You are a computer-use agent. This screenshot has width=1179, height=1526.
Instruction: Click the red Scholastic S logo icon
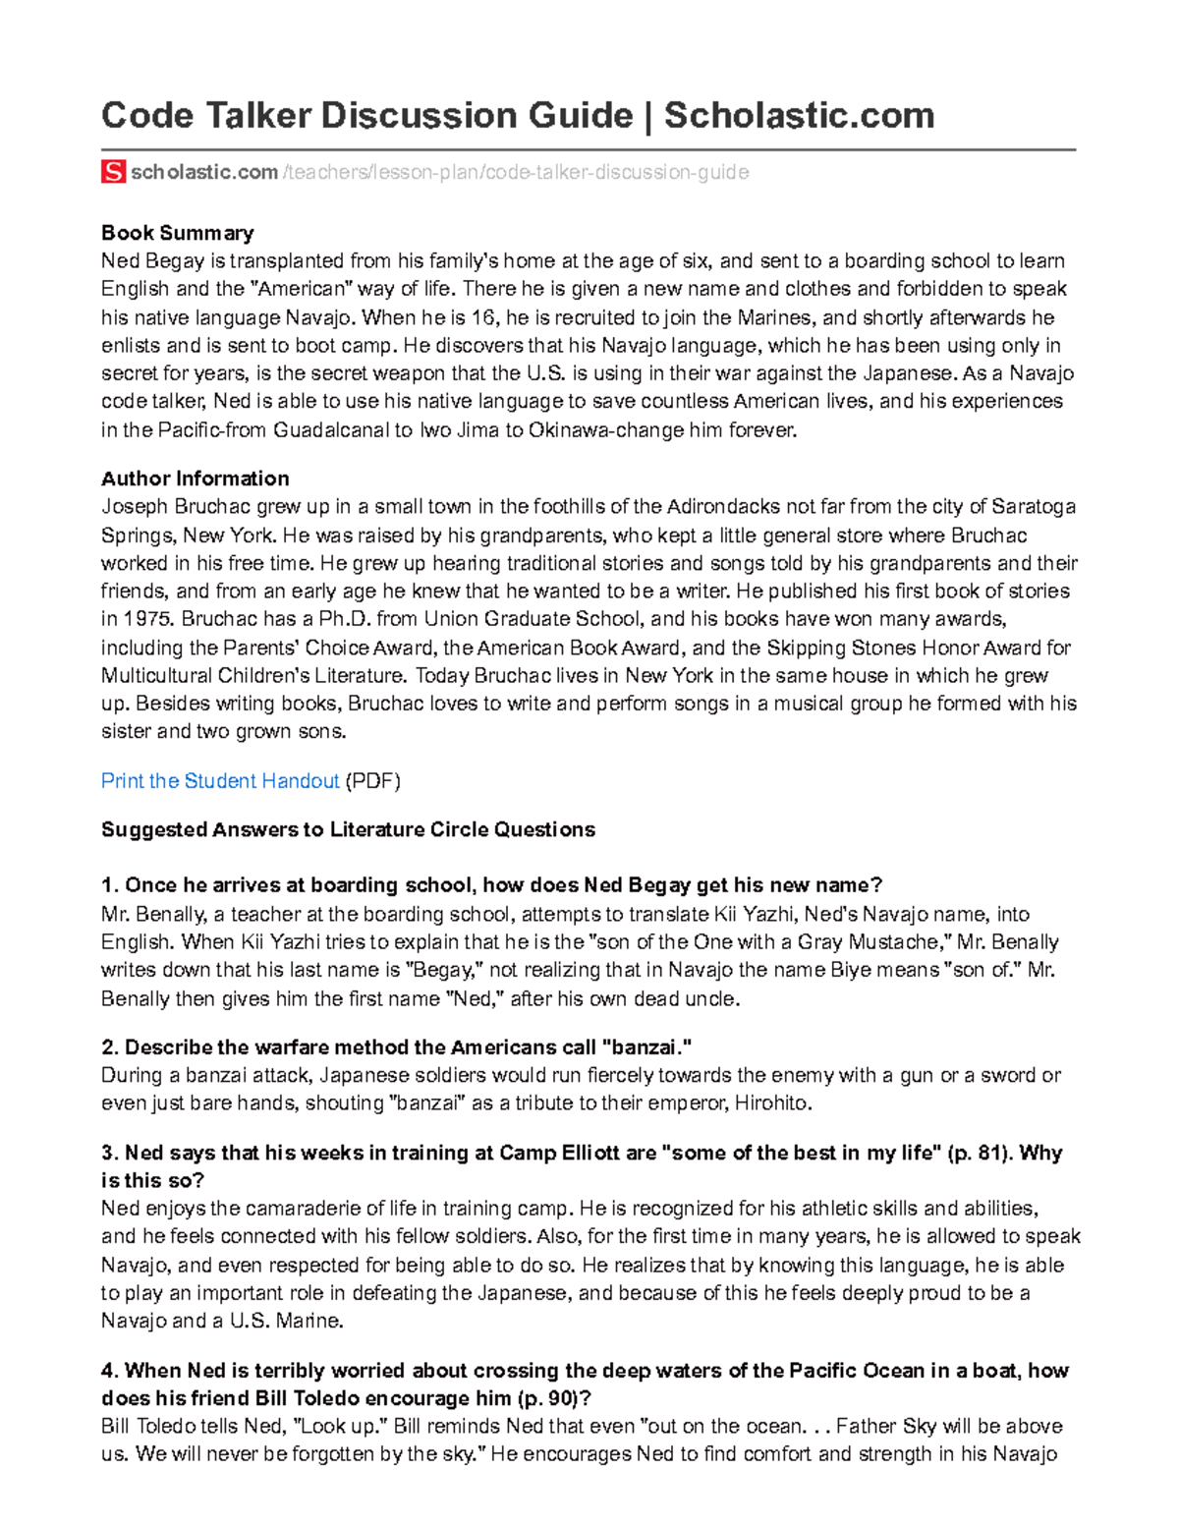(113, 172)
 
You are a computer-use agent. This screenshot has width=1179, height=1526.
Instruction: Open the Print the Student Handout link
(220, 781)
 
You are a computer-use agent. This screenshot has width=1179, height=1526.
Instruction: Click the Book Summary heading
(178, 233)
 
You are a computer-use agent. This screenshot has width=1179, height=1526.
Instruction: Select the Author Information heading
(196, 479)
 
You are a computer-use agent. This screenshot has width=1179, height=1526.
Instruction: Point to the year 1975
(149, 620)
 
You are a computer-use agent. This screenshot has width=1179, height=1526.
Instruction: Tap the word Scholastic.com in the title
(799, 116)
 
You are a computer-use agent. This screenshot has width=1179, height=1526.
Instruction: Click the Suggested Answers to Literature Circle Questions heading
(348, 829)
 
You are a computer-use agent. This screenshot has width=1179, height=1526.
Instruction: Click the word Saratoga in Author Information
(1034, 507)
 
